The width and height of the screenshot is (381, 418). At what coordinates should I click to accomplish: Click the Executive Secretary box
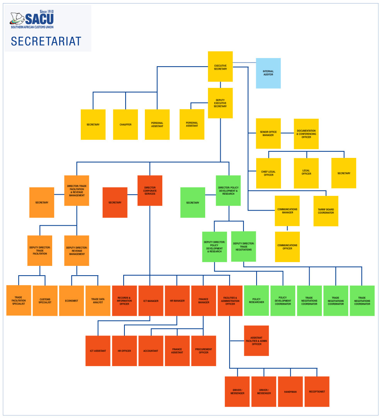[220, 67]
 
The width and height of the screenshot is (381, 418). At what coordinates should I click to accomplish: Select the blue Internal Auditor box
[268, 73]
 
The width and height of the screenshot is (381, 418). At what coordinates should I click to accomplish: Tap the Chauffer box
[126, 125]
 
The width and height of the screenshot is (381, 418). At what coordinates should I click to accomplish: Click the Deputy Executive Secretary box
[220, 103]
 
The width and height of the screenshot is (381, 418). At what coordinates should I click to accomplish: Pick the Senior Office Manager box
[268, 134]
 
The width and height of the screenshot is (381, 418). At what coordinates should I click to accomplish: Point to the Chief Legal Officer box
[268, 173]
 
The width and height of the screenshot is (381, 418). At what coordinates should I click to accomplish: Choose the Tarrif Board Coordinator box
[326, 211]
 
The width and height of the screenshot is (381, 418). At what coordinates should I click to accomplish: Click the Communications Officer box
[287, 247]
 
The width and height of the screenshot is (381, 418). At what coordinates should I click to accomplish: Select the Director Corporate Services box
[150, 190]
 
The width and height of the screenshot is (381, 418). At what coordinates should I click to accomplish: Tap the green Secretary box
[193, 202]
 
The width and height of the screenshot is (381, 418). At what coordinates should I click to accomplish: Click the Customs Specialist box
[45, 301]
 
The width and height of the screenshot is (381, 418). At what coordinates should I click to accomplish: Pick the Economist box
[71, 301]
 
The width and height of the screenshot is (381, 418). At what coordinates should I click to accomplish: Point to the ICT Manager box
[151, 301]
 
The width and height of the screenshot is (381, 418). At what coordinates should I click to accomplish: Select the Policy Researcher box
[257, 301]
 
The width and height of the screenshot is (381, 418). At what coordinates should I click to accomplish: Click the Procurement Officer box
[204, 351]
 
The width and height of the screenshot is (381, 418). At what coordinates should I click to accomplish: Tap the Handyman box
[290, 392]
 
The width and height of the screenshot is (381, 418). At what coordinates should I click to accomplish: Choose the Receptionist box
[317, 392]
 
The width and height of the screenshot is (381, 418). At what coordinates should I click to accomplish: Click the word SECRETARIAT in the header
[46, 41]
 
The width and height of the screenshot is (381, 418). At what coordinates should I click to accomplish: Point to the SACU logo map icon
[17, 19]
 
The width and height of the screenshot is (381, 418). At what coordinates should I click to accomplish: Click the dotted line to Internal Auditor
[244, 62]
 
